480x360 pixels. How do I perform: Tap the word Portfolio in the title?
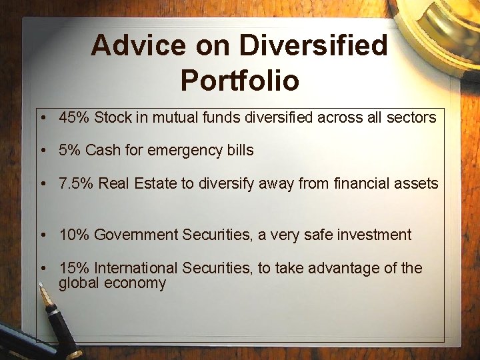(239, 80)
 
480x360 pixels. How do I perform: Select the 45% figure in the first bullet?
(75, 118)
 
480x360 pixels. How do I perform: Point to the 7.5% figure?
(76, 184)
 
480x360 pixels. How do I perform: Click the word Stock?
(113, 118)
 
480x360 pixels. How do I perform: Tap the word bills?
(239, 151)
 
